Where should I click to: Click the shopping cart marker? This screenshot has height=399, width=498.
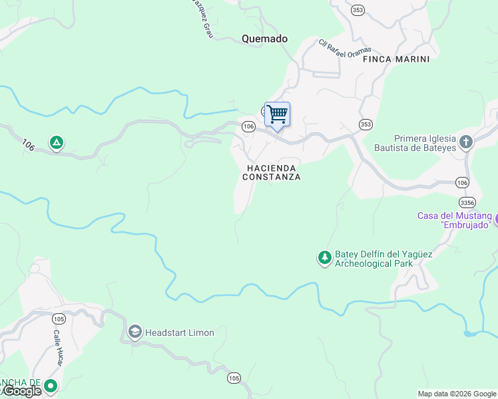click(x=277, y=114)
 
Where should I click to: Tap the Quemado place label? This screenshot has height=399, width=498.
click(x=264, y=39)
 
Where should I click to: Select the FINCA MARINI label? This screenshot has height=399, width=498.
click(x=396, y=59)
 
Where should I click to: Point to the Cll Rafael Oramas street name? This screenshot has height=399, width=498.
click(x=344, y=49)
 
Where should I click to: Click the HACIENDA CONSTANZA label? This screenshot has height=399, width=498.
click(x=272, y=173)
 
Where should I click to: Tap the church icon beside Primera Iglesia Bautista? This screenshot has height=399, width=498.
click(x=465, y=142)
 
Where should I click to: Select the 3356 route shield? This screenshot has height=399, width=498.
click(x=467, y=201)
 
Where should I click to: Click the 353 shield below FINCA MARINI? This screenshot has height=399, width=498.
click(x=366, y=124)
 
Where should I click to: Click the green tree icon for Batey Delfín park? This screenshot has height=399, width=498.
click(x=324, y=257)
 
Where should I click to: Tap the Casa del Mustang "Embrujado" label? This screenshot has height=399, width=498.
click(x=455, y=220)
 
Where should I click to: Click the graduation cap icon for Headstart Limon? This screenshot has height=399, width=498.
click(x=135, y=332)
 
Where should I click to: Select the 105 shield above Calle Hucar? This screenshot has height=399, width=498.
click(x=59, y=319)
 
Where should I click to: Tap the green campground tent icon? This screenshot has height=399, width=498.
click(x=57, y=142)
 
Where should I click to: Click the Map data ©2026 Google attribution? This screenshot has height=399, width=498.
click(x=456, y=394)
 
